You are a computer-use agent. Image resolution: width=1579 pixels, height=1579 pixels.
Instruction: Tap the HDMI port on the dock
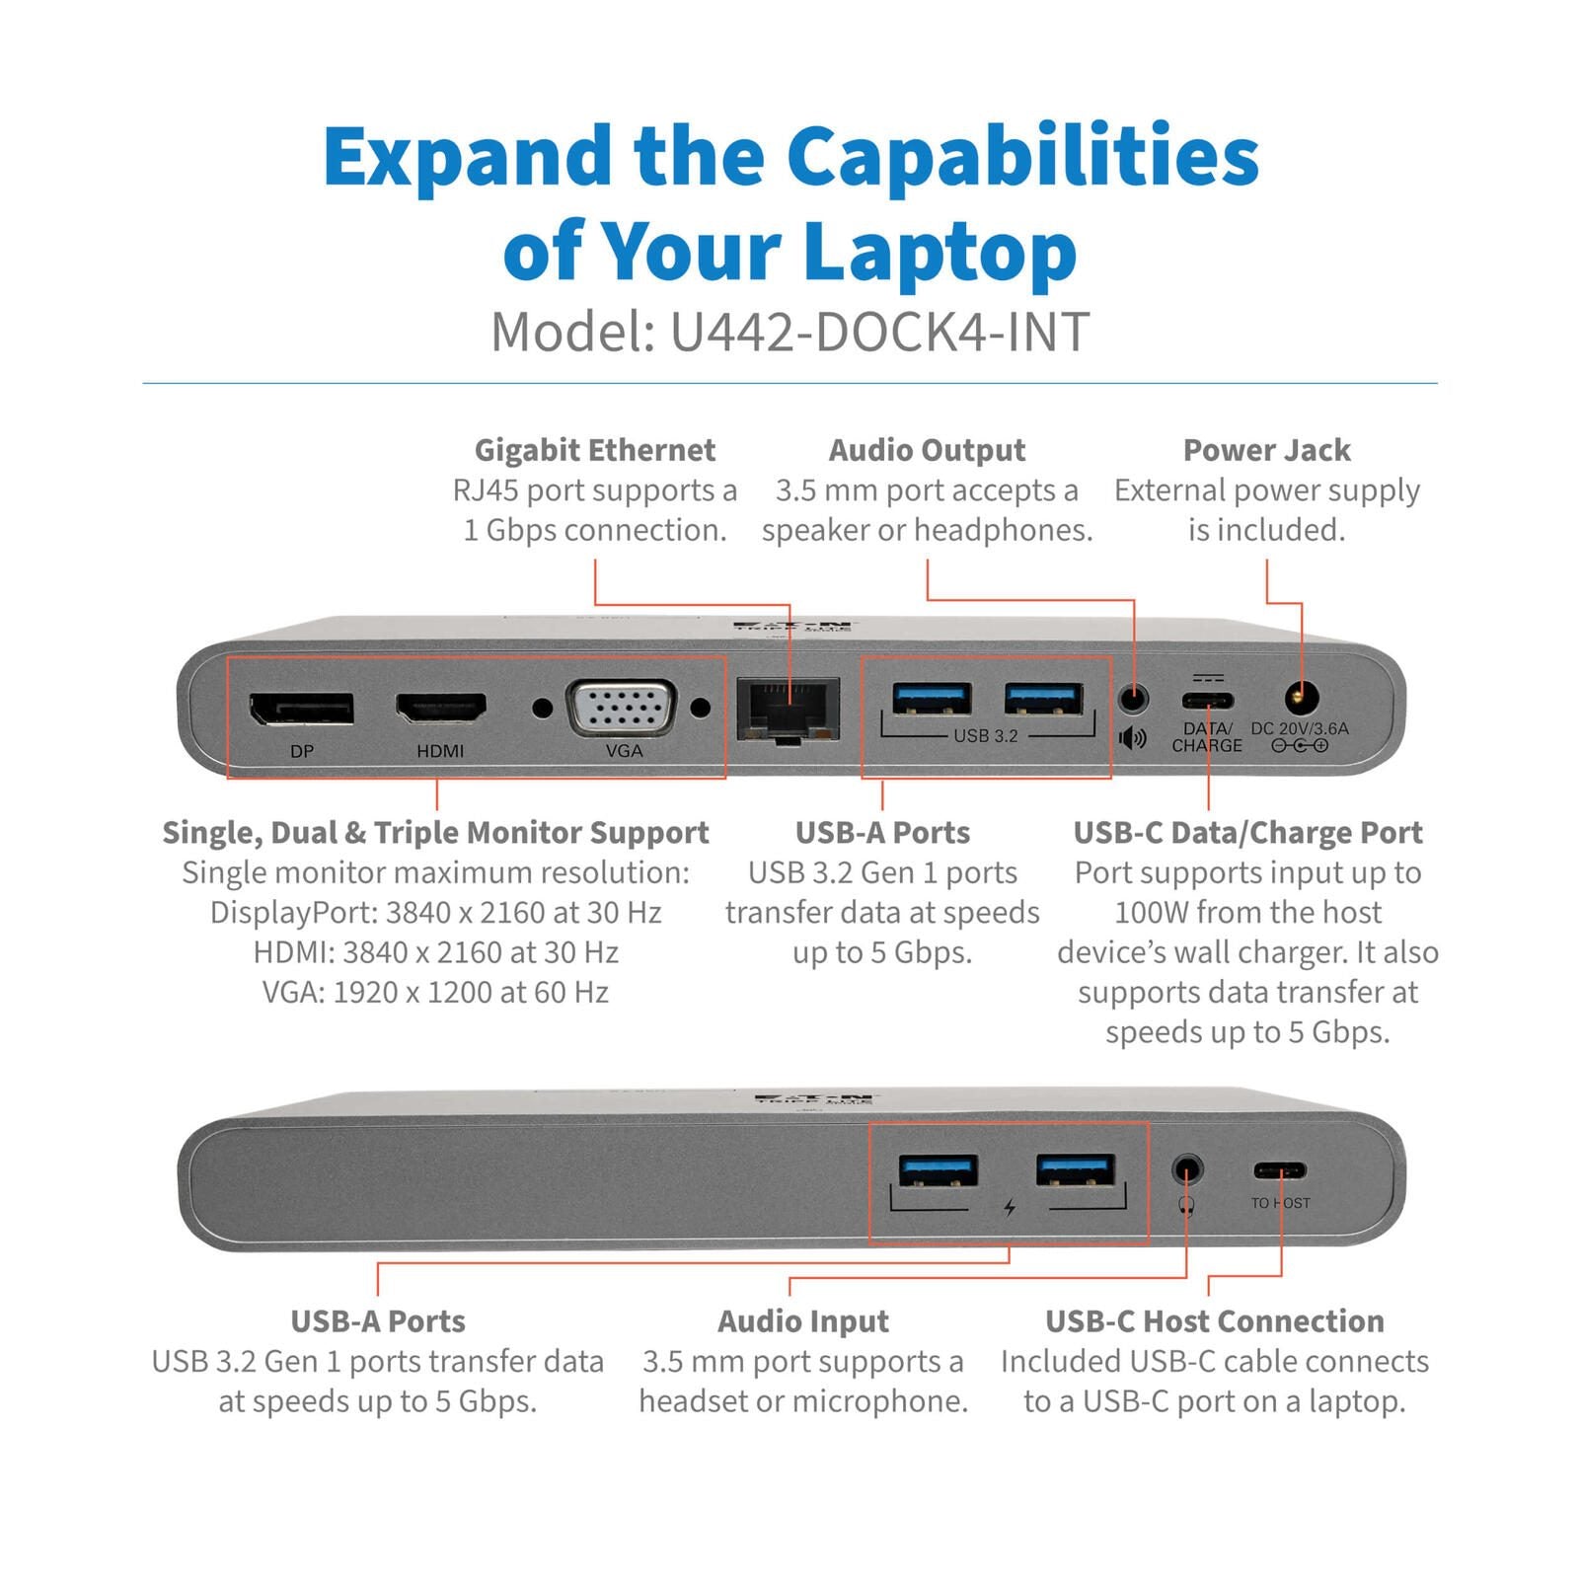tap(440, 708)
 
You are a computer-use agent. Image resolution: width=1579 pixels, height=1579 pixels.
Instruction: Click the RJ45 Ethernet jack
tap(788, 710)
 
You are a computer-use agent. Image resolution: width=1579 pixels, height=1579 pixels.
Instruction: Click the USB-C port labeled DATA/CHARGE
tap(1208, 702)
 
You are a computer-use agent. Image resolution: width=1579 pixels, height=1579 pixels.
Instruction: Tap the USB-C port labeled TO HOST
tap(1280, 1171)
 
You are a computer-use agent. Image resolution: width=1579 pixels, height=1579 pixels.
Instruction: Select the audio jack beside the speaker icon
tap(1134, 699)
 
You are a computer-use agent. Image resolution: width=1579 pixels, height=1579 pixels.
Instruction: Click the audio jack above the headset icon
tap(1187, 1170)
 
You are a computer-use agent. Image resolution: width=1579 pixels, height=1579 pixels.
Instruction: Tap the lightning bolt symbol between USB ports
tap(1010, 1207)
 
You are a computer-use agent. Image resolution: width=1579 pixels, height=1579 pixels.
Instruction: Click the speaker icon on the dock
tap(1133, 738)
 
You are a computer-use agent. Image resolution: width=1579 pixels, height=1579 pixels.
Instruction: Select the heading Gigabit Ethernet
tap(594, 450)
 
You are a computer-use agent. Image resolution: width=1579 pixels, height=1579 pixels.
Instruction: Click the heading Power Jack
tap(1266, 450)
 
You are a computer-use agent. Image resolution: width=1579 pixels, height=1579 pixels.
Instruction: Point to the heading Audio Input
tap(802, 1321)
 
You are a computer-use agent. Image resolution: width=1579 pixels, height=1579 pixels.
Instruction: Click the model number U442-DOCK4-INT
tap(879, 333)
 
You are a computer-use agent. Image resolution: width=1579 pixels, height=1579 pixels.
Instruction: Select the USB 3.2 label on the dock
tap(985, 736)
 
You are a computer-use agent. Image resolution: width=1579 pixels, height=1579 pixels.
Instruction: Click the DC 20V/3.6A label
tap(1299, 728)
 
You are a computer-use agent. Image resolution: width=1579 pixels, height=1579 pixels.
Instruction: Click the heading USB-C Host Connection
tap(1214, 1321)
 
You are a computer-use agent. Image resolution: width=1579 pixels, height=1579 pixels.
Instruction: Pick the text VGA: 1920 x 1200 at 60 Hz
tap(435, 992)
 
